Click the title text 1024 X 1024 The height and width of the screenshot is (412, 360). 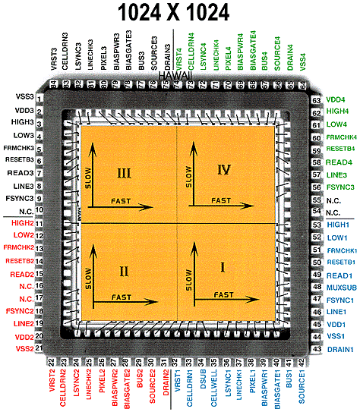point(179,14)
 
